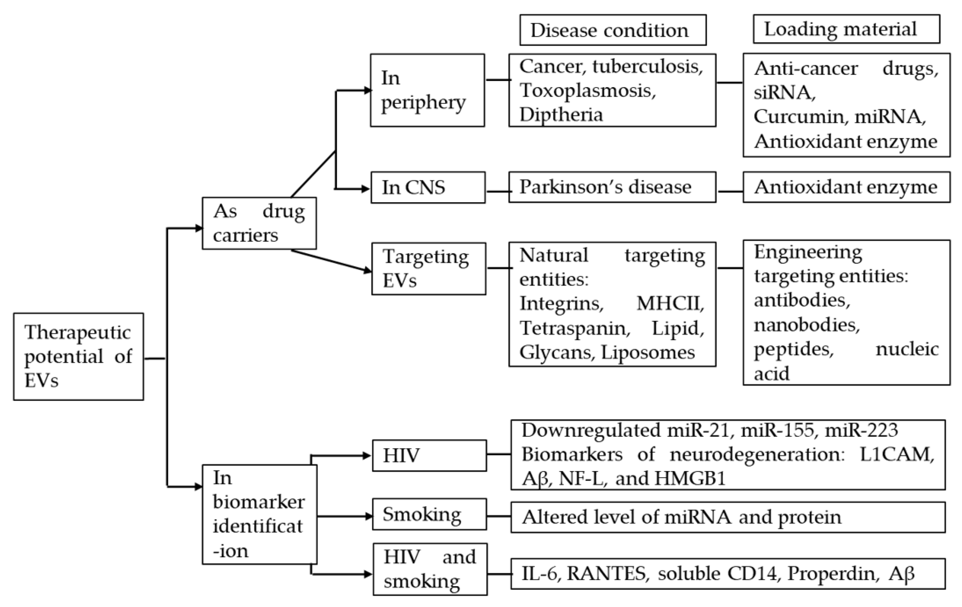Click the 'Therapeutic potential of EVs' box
coord(78,356)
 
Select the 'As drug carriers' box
coord(259,223)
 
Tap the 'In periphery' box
coord(427,90)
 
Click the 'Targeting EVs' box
coord(428,268)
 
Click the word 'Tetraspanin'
coord(575,328)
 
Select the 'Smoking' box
coord(429,514)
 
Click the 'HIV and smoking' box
coord(430,569)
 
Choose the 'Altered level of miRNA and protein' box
coord(728,517)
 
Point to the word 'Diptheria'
coord(561,114)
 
